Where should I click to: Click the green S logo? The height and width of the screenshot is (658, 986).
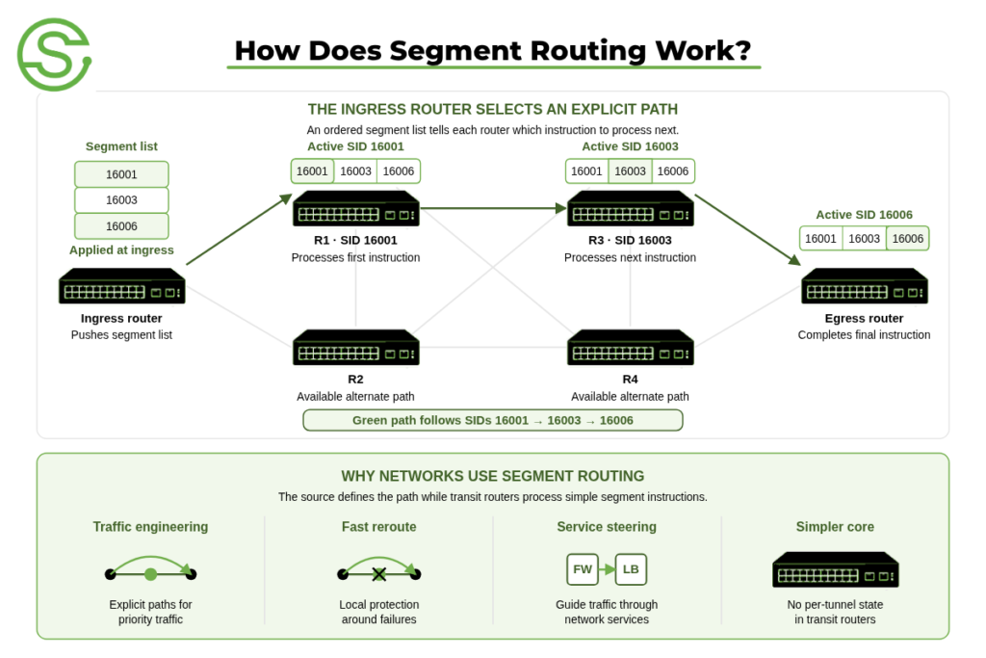pos(55,55)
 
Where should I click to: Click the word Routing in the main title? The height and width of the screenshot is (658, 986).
pos(588,51)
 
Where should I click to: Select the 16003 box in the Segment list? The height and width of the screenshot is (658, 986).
pos(121,200)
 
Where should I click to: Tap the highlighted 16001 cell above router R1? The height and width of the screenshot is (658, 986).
pos(312,171)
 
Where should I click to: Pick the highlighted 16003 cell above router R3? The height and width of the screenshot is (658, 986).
pos(630,171)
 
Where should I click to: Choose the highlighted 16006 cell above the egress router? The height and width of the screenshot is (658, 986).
pos(907,238)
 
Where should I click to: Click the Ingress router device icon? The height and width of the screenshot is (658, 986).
pos(122,286)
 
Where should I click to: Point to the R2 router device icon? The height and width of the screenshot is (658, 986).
pos(356,347)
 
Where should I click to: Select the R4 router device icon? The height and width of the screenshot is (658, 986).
pos(630,347)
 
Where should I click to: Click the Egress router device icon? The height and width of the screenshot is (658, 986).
pos(865,286)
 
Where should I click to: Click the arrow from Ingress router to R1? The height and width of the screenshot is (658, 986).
pos(240,229)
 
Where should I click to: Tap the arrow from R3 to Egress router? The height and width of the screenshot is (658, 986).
pos(748,230)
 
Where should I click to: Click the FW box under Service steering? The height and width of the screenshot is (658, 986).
pos(583,569)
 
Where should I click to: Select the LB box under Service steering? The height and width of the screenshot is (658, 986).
pos(631,569)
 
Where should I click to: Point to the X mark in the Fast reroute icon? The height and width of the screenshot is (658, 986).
pos(378,574)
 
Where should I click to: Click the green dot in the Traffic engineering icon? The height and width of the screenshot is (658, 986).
pos(150,574)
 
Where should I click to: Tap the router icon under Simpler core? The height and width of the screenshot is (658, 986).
pos(835,570)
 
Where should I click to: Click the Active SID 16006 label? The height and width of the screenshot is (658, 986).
pos(864,215)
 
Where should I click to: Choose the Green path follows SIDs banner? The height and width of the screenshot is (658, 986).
pos(493,420)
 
